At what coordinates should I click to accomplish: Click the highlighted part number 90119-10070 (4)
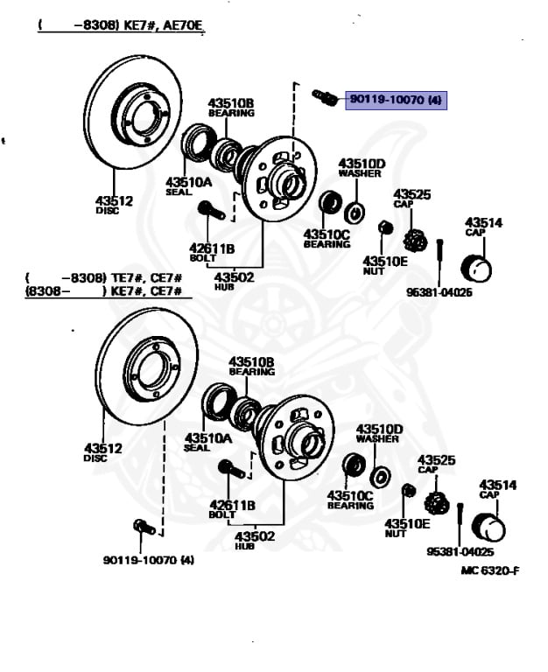[x=396, y=101]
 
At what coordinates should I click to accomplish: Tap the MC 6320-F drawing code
[x=490, y=570]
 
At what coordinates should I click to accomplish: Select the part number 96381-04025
[x=439, y=292]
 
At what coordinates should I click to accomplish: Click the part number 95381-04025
[x=460, y=551]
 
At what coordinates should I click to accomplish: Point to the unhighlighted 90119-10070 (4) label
[x=148, y=560]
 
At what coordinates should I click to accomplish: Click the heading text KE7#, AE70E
[x=163, y=24]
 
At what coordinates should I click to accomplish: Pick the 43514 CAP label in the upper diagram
[x=484, y=227]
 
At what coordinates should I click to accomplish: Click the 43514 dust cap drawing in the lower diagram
[x=488, y=527]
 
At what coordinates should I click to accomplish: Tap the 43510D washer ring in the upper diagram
[x=355, y=212]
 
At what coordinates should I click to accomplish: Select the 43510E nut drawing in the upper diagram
[x=385, y=227]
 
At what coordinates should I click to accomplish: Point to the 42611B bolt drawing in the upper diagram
[x=211, y=210]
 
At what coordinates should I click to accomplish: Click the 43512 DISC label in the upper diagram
[x=114, y=205]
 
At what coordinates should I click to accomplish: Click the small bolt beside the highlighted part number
[x=325, y=98]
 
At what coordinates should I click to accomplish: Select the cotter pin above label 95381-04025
[x=460, y=525]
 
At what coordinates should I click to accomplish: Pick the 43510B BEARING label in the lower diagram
[x=251, y=366]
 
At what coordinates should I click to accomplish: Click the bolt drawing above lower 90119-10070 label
[x=144, y=526]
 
